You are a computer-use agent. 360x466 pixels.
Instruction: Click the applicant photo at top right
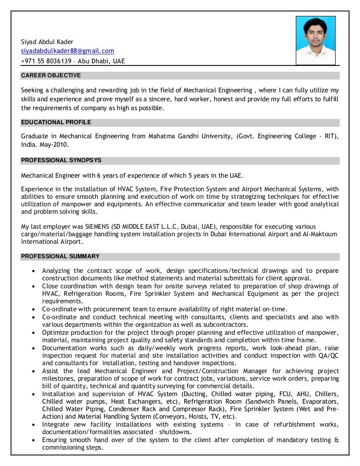[x=315, y=40]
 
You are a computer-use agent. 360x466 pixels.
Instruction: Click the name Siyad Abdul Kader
[x=47, y=42]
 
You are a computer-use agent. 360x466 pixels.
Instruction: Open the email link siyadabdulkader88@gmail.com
[x=67, y=51]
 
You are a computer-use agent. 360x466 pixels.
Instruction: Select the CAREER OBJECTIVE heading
[x=51, y=75]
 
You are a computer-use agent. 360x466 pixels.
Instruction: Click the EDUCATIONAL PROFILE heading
[x=56, y=122]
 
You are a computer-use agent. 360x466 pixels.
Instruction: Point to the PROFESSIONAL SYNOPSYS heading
[x=61, y=160]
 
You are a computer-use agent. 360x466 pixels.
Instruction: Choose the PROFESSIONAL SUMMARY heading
[x=60, y=256]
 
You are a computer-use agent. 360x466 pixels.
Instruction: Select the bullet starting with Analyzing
[x=32, y=271]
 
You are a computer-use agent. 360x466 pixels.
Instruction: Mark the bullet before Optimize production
[x=32, y=332]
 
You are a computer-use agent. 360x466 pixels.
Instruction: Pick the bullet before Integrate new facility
[x=32, y=425]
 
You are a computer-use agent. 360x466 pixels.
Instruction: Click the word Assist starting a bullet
[x=51, y=371]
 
